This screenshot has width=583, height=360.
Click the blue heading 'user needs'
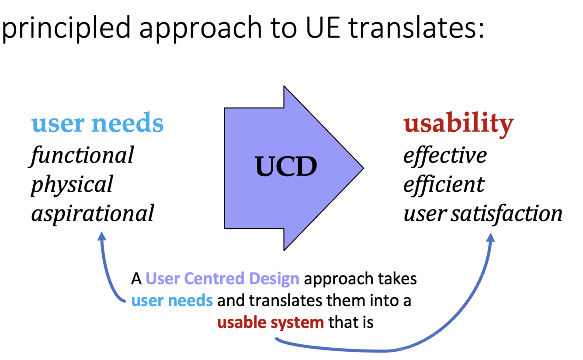[97, 124]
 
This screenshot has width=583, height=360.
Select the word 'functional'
[82, 156]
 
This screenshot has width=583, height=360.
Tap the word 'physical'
[72, 184]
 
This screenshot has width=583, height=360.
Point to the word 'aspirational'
[92, 214]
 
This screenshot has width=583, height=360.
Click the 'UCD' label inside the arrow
[286, 167]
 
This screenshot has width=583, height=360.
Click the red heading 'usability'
[458, 124]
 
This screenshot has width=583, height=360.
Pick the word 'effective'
[444, 156]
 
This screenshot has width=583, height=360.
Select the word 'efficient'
[443, 184]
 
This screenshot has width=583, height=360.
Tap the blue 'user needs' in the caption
[172, 301]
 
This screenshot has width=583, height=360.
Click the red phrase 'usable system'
[271, 323]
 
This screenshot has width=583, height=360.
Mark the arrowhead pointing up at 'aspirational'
[102, 236]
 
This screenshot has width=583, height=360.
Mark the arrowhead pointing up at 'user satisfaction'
[490, 237]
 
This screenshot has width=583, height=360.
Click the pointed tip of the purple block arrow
[362, 168]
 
